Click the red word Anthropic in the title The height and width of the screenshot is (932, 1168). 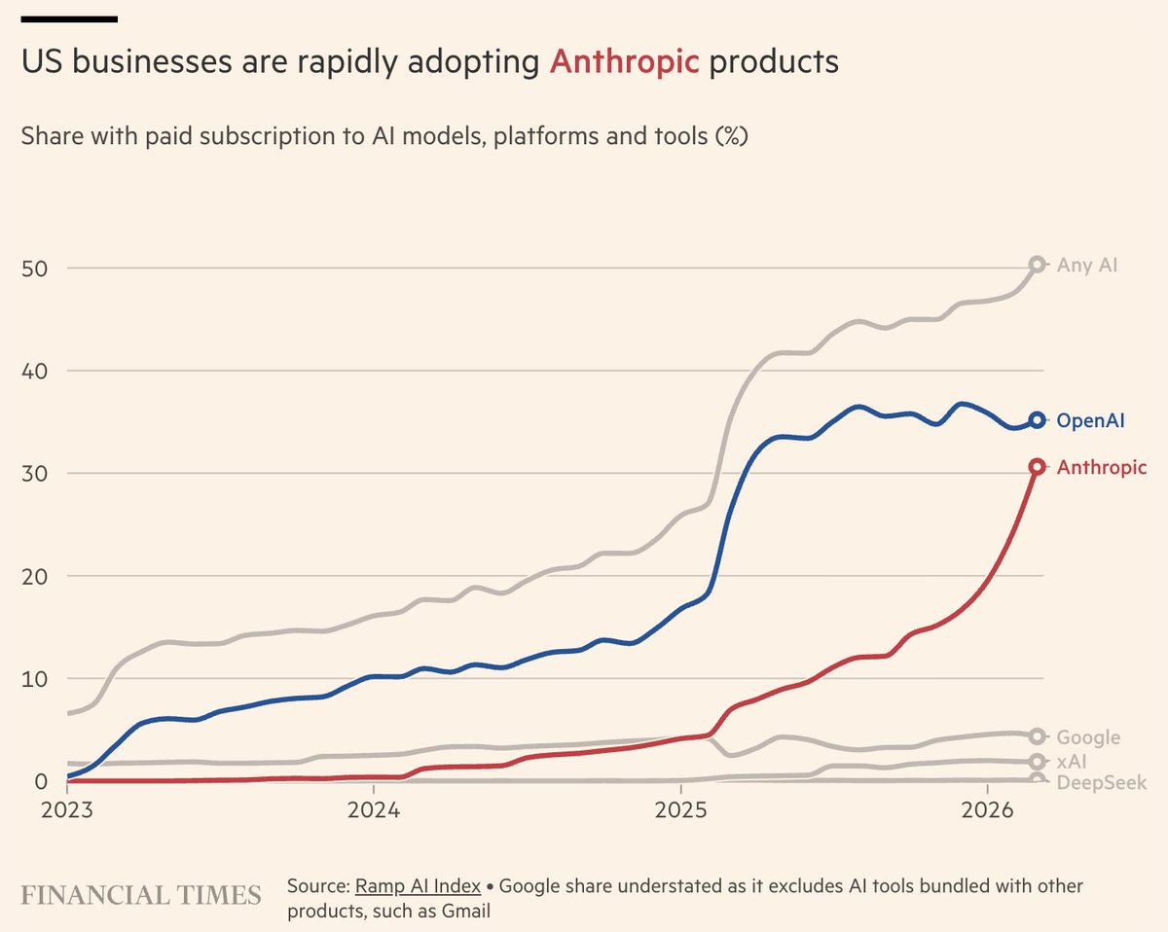(x=624, y=62)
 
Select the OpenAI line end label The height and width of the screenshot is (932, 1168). (x=1090, y=420)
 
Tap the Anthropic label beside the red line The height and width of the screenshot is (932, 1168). (x=1102, y=468)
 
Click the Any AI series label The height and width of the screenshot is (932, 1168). (x=1087, y=265)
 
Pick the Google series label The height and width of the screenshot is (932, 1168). (x=1088, y=737)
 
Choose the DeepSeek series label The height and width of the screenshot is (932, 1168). (x=1101, y=783)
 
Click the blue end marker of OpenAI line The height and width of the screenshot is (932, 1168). (x=1038, y=420)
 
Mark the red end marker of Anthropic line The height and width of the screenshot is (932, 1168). (x=1038, y=467)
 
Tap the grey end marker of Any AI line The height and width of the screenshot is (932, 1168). (x=1038, y=264)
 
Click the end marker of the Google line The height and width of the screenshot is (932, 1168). (x=1038, y=736)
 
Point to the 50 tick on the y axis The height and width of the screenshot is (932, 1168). (x=34, y=269)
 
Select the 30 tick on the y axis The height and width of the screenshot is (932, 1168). (x=34, y=474)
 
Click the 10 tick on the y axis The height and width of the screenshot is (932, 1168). (x=34, y=678)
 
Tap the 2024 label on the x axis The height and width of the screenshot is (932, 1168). (x=374, y=809)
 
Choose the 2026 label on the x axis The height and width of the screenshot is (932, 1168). (x=988, y=809)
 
